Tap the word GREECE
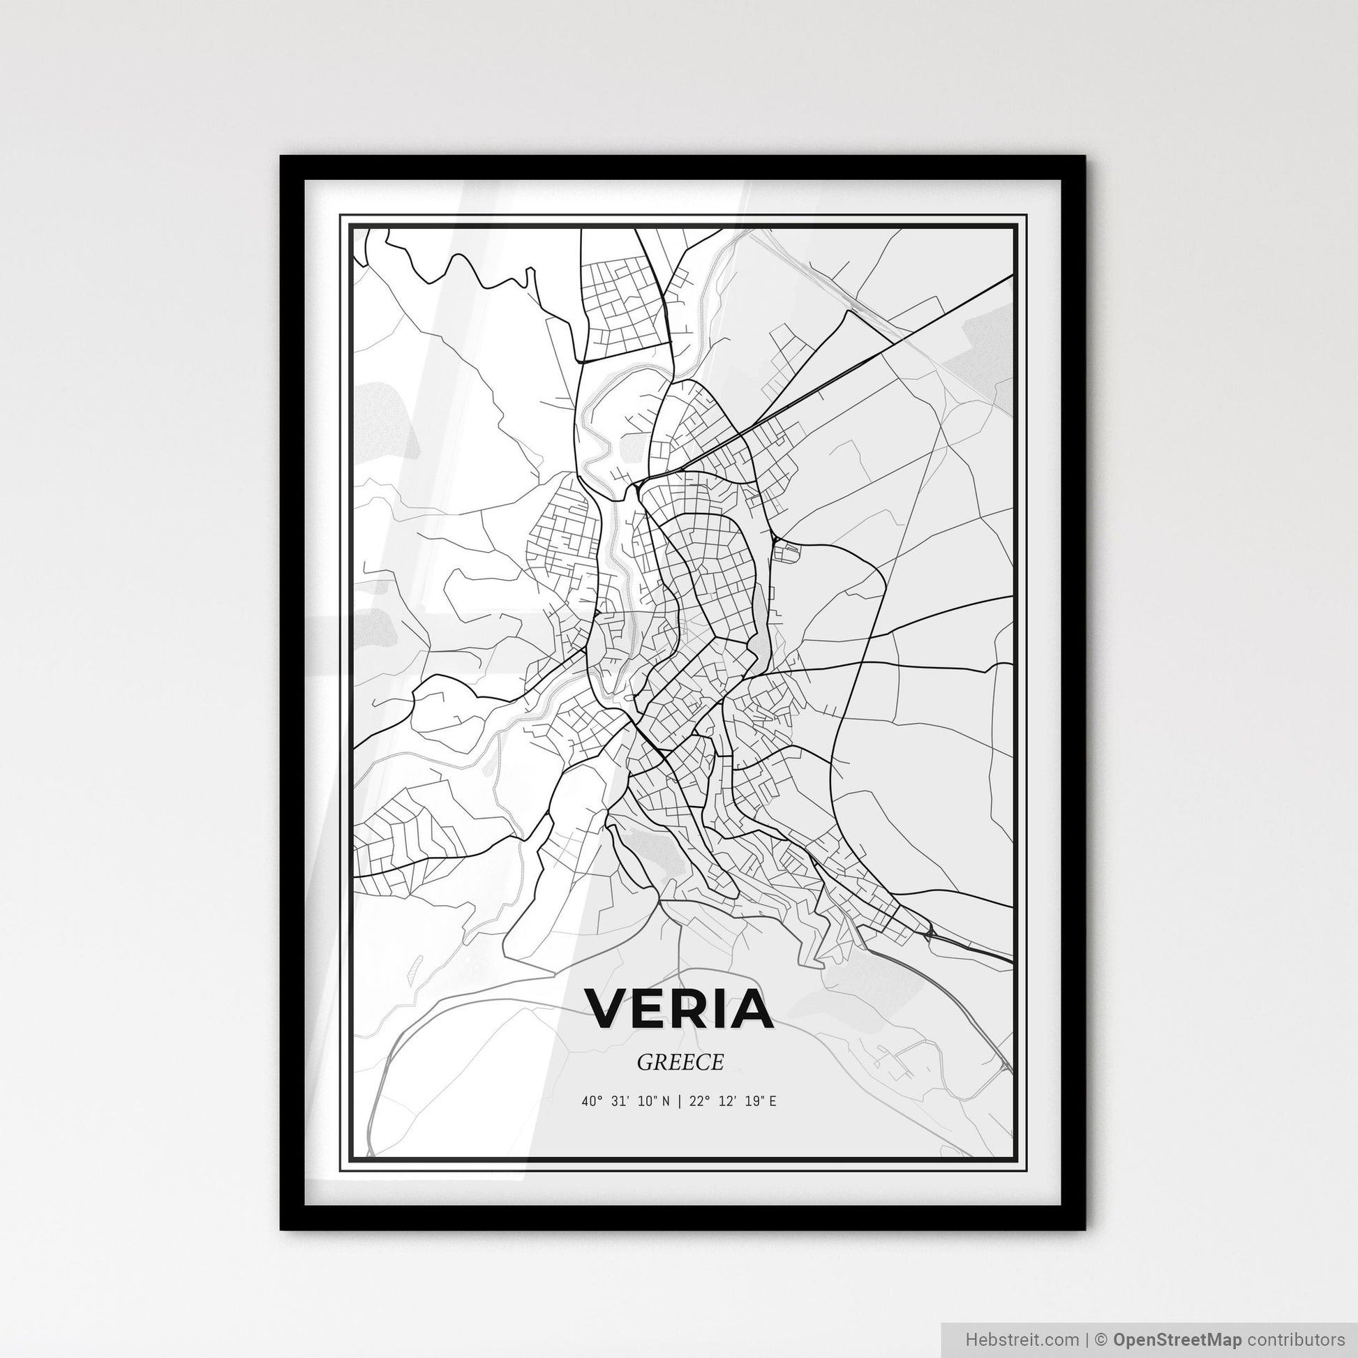click(680, 1062)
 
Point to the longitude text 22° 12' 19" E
click(733, 1101)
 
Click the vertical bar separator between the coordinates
click(680, 1101)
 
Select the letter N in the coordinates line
click(667, 1101)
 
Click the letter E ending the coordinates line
click(773, 1101)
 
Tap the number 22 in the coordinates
click(696, 1101)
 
